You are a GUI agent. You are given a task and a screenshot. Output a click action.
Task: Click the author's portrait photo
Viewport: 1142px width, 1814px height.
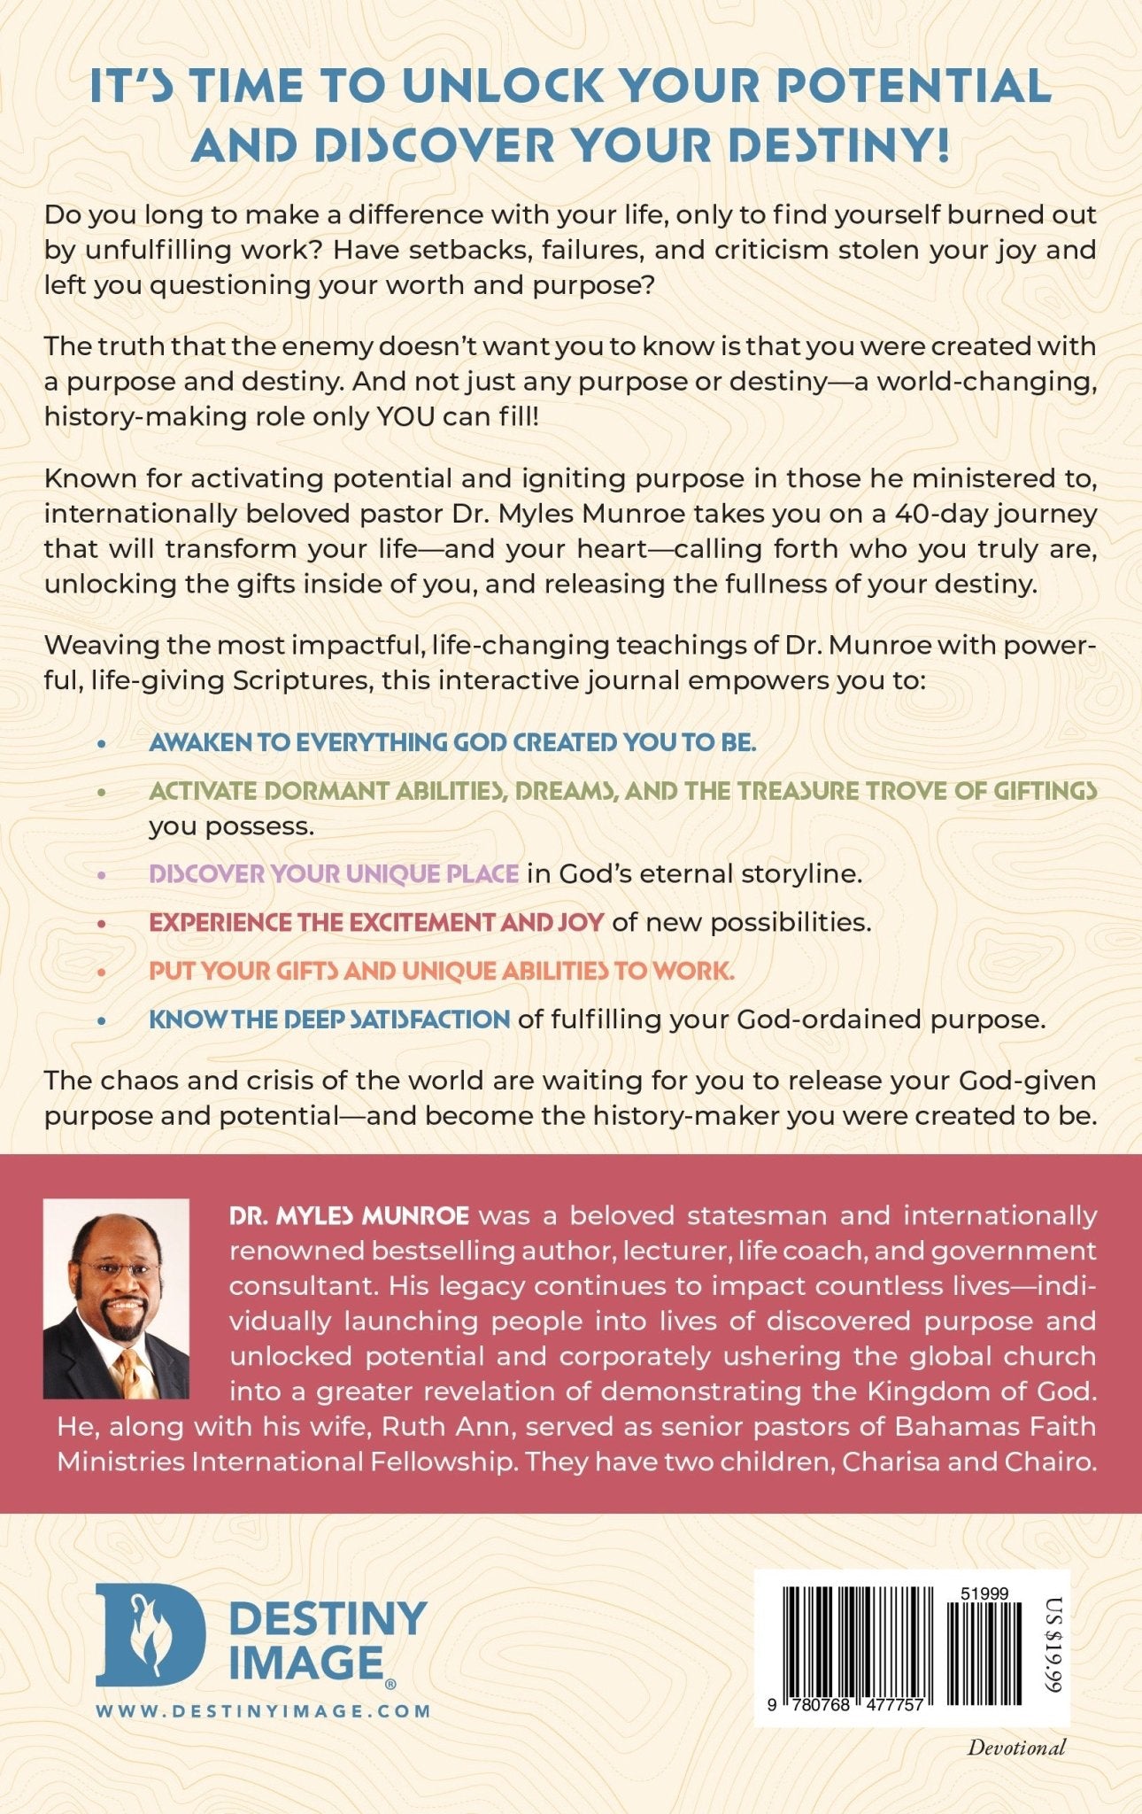point(116,1298)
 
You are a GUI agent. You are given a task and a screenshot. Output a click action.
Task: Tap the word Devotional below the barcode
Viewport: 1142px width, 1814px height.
point(1016,1748)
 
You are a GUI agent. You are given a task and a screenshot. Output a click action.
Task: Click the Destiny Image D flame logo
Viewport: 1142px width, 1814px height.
point(150,1634)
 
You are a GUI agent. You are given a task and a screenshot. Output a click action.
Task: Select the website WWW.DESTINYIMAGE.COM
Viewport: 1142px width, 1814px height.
point(263,1710)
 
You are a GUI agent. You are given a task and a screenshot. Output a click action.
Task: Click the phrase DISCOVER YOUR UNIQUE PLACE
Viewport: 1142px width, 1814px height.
point(334,874)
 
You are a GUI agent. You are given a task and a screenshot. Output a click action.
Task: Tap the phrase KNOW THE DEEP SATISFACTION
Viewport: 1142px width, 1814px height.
point(329,1019)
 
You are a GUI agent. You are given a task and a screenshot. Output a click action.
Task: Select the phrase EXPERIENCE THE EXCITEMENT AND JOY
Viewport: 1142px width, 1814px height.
point(376,922)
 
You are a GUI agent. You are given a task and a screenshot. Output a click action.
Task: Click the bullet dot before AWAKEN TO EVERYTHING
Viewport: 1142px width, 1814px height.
point(102,744)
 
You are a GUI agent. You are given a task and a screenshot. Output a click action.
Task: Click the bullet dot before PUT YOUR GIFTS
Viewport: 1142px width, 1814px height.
point(102,973)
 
